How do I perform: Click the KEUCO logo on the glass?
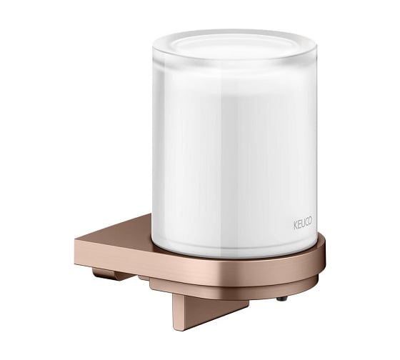[x=303, y=224]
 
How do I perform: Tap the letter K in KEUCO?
[x=295, y=225]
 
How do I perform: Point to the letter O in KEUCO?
[x=309, y=221]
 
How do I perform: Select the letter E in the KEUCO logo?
[x=299, y=224]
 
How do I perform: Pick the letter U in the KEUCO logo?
[x=302, y=224]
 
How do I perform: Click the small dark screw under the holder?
[x=282, y=298]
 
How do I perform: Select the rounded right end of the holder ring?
[x=321, y=255]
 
